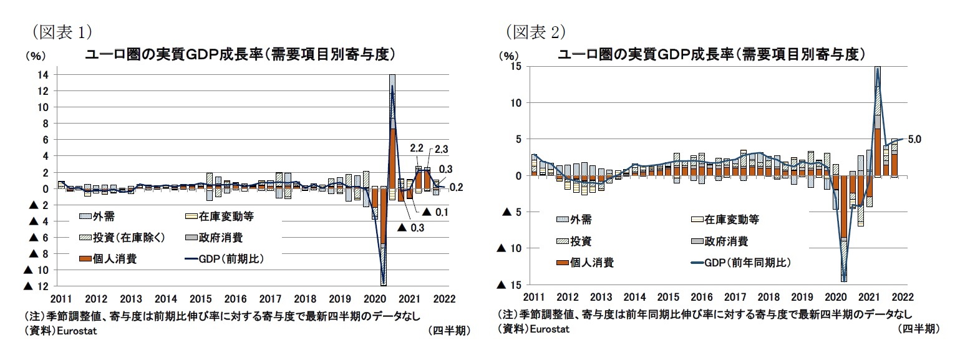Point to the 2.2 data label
417,148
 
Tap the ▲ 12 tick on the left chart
36,286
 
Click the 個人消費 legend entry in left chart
115,258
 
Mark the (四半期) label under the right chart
921,328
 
